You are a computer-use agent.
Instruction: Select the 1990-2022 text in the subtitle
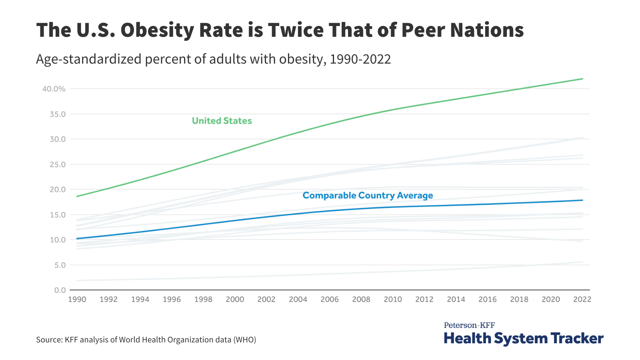[360, 59]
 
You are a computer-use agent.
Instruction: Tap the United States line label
[222, 121]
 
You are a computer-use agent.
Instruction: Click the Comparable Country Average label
[368, 196]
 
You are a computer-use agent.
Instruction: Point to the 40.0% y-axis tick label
[54, 89]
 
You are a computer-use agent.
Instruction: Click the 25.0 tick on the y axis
[58, 164]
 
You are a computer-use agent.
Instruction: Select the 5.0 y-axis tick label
[60, 265]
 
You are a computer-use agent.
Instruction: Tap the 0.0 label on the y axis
[60, 290]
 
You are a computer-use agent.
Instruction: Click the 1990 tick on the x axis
[77, 300]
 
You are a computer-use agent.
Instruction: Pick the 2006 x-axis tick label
[330, 300]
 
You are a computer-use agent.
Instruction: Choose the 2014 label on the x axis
[456, 300]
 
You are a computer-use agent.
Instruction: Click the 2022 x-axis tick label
[582, 300]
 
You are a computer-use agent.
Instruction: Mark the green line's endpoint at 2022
[582, 79]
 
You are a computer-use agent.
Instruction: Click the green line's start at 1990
[77, 196]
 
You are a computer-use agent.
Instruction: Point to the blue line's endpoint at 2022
[582, 200]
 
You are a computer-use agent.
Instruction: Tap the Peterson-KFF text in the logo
[469, 325]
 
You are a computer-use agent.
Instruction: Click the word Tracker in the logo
[577, 338]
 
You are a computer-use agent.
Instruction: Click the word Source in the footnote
[48, 340]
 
